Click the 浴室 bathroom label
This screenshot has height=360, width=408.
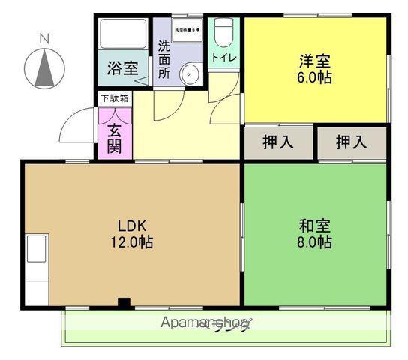coord(121,67)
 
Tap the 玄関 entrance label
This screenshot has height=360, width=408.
coord(114,137)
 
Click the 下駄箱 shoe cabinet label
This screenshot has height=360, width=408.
coord(115,97)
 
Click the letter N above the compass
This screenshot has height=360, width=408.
coord(44,38)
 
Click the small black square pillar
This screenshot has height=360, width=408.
coord(124,303)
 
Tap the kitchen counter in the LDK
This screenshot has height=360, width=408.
coord(37,269)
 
